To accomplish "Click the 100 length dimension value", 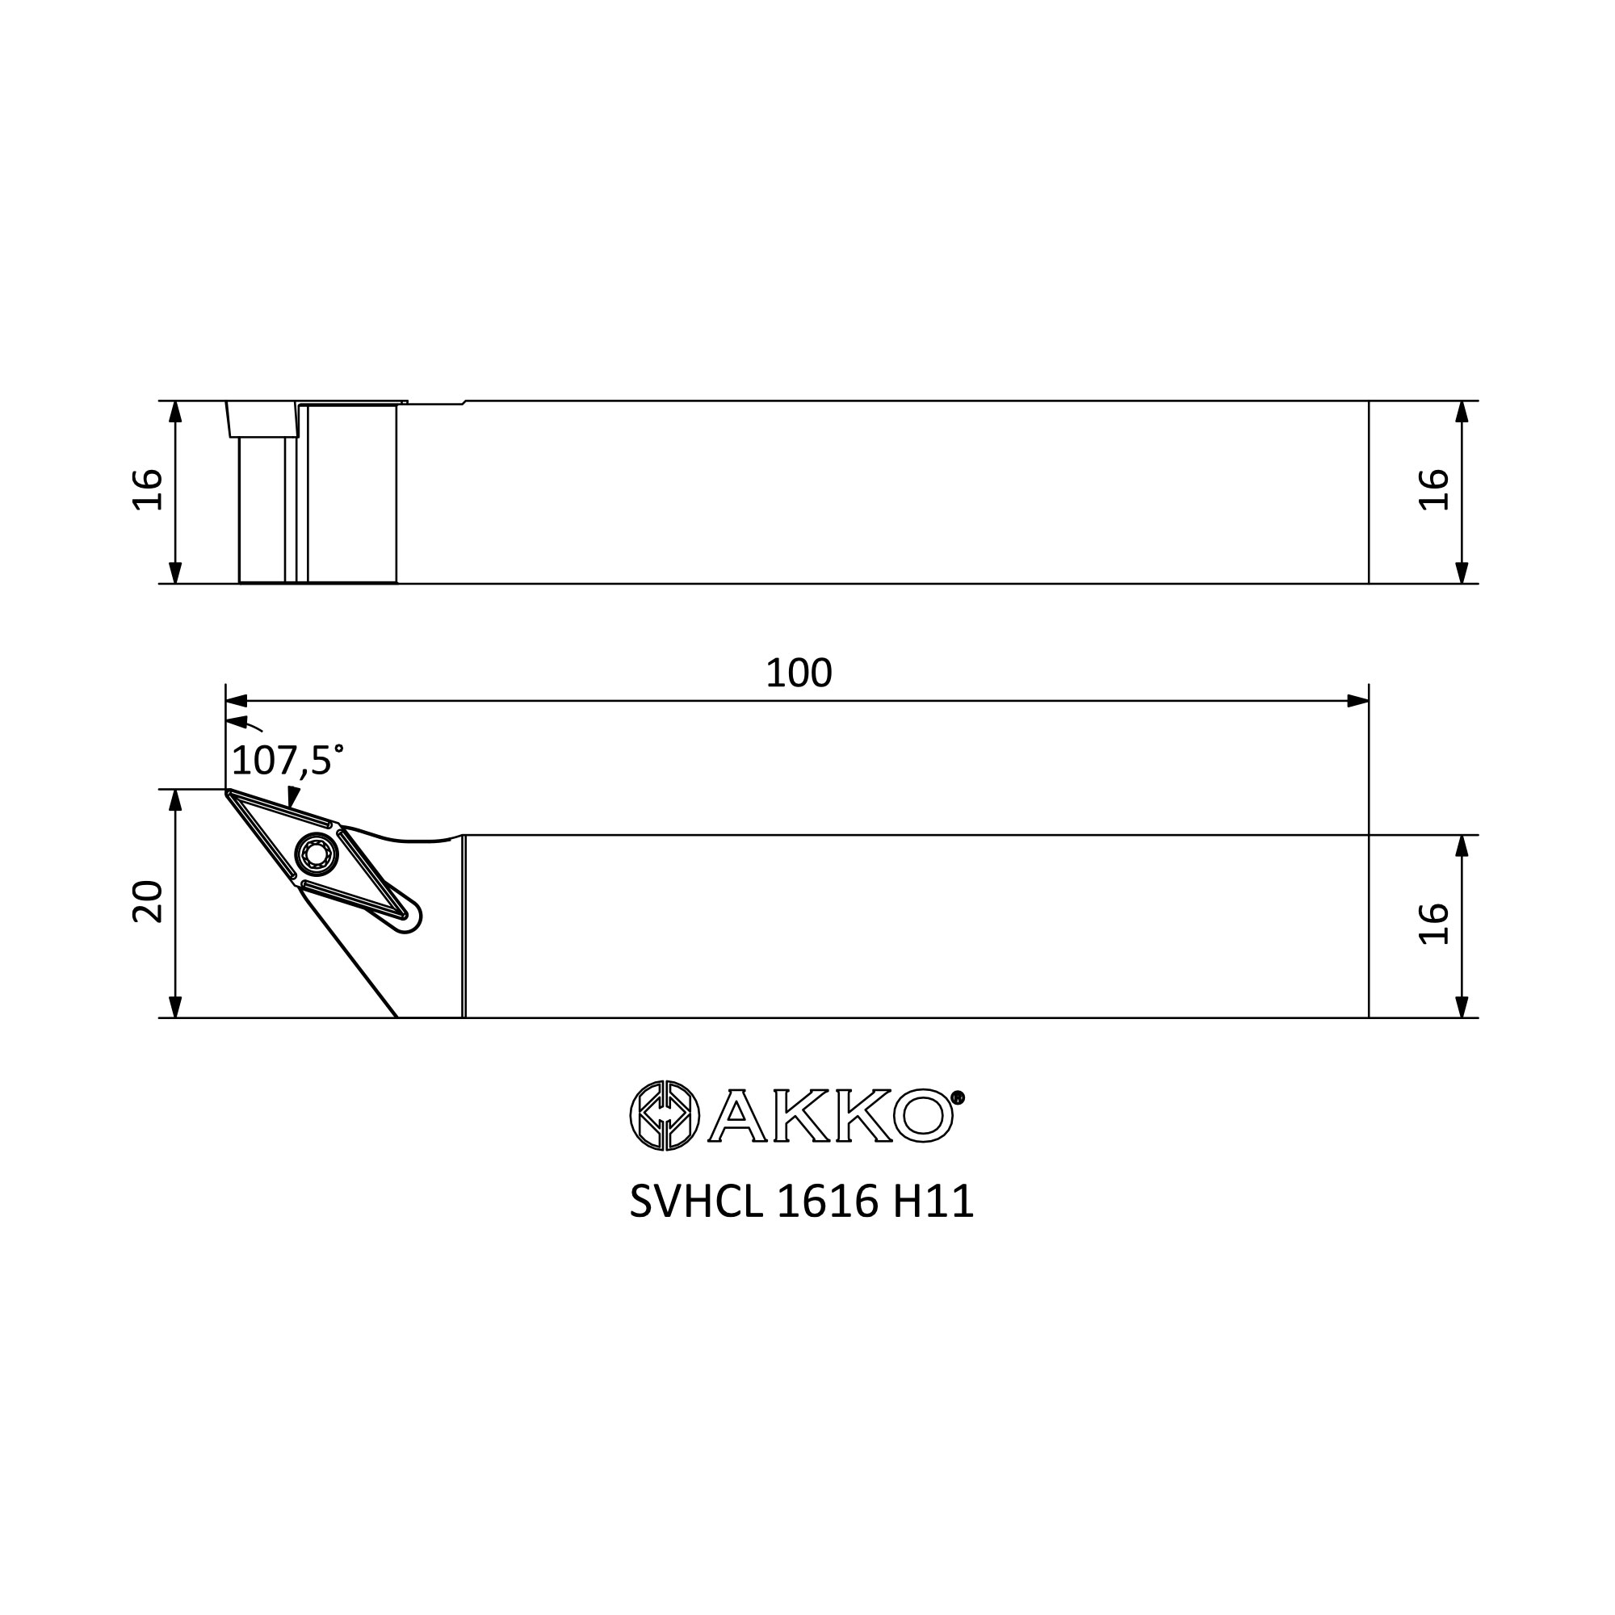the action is point(799,673).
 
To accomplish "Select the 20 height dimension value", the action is point(149,901).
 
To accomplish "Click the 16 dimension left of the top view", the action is point(149,490).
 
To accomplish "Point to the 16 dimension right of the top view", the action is point(1434,490).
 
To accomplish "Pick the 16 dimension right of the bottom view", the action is point(1434,924).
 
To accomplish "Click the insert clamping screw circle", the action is point(316,854).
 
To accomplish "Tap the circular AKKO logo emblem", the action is point(664,1115).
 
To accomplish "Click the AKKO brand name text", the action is point(831,1115).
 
